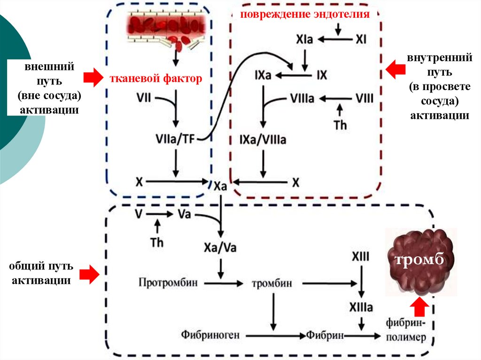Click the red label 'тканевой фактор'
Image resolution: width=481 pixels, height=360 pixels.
(155, 78)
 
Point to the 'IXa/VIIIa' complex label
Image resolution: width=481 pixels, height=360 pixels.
(263, 139)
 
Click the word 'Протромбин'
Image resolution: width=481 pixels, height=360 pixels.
(168, 283)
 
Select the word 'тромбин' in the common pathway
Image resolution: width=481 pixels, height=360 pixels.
(272, 283)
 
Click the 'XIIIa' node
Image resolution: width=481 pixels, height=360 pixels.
(361, 308)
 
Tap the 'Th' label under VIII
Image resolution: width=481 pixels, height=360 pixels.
(340, 125)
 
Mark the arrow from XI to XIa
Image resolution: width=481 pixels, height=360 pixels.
(336, 40)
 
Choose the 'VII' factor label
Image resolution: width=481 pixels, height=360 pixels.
(145, 98)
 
